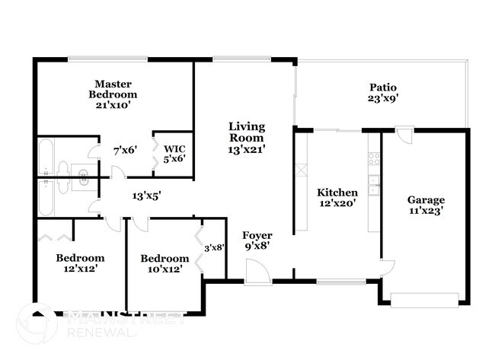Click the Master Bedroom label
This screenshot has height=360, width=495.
[x=113, y=94]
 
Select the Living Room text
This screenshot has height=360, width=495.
[x=247, y=138]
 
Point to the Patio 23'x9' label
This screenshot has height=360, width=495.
[x=383, y=92]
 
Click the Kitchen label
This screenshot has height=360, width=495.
[x=337, y=198]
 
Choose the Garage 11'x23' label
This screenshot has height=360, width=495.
[x=425, y=205]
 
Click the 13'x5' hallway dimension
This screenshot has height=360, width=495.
[x=146, y=196]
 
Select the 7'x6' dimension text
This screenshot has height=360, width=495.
[x=125, y=150]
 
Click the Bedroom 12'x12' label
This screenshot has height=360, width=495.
[x=80, y=263]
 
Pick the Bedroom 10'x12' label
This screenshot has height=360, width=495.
[x=164, y=263]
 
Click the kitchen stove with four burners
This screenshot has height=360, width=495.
[x=374, y=159]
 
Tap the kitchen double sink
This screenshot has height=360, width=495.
[x=374, y=183]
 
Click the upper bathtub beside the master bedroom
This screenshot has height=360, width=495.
[x=45, y=157]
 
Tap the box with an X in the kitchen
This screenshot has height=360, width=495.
[x=301, y=170]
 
